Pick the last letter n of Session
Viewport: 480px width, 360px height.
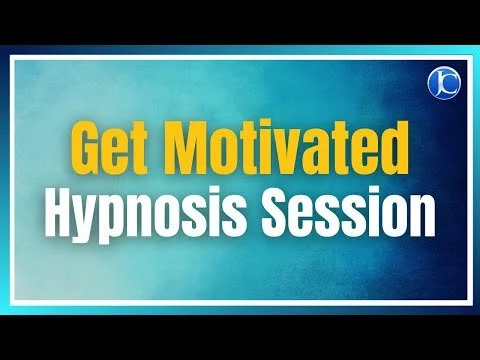pyautogui.click(x=422, y=215)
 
